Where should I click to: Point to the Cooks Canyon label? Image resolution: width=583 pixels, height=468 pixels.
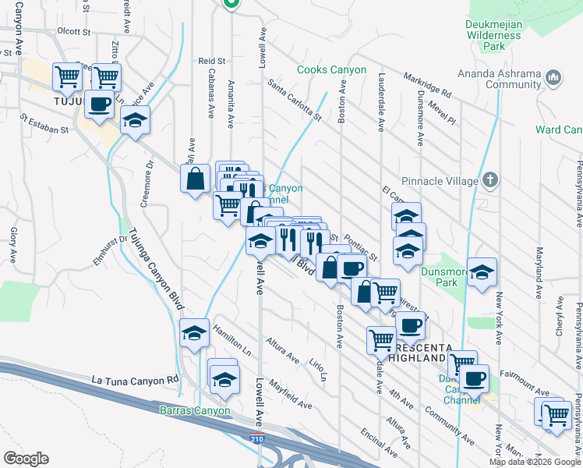tap(331, 69)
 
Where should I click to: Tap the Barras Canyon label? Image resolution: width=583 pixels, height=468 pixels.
tap(195, 410)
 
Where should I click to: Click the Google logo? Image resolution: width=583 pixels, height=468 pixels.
tap(26, 459)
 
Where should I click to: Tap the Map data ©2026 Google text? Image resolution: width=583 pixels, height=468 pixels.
tap(534, 462)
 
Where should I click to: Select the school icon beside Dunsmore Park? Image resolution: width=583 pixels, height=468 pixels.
tap(482, 271)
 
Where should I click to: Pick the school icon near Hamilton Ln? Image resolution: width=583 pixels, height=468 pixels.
tap(194, 333)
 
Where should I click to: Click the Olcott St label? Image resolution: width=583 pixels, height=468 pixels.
tap(74, 32)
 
